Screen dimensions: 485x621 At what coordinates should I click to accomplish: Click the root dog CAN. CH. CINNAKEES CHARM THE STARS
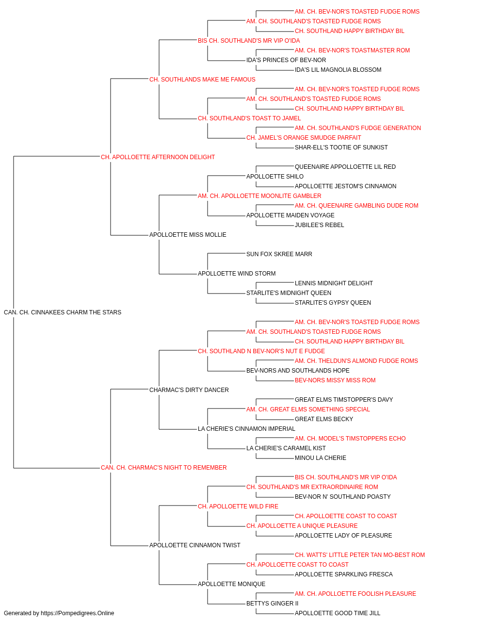63,312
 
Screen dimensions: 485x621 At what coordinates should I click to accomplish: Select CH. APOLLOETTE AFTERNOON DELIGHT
158,157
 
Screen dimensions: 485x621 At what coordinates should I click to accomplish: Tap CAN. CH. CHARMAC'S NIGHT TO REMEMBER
163,468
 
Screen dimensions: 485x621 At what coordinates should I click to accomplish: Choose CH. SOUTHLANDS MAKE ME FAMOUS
202,80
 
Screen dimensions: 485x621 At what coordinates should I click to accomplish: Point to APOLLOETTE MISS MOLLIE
188,235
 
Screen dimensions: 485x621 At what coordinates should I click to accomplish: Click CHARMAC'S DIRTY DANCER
189,390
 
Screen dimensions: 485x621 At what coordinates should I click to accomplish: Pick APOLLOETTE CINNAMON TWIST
195,545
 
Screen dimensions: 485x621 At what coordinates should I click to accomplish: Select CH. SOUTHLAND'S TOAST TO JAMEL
249,118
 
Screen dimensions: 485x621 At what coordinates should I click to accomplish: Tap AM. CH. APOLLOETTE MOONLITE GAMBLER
259,196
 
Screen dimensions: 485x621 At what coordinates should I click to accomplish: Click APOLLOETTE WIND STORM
237,274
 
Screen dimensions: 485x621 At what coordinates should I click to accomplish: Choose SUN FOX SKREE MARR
279,254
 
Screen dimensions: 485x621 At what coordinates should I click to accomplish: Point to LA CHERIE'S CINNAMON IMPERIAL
246,429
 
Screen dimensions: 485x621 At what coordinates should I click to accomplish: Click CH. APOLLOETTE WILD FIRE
238,507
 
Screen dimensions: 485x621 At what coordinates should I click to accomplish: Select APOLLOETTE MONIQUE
232,584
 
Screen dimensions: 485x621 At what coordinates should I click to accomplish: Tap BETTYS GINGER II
273,603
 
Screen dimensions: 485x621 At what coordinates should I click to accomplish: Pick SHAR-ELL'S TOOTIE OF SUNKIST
341,147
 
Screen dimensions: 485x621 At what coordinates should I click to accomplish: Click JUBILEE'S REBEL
319,225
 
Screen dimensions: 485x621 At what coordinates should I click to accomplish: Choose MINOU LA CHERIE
321,458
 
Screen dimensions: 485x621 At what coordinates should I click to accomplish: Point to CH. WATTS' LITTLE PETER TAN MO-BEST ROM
360,555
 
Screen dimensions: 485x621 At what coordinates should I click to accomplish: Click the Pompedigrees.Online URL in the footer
78,613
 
